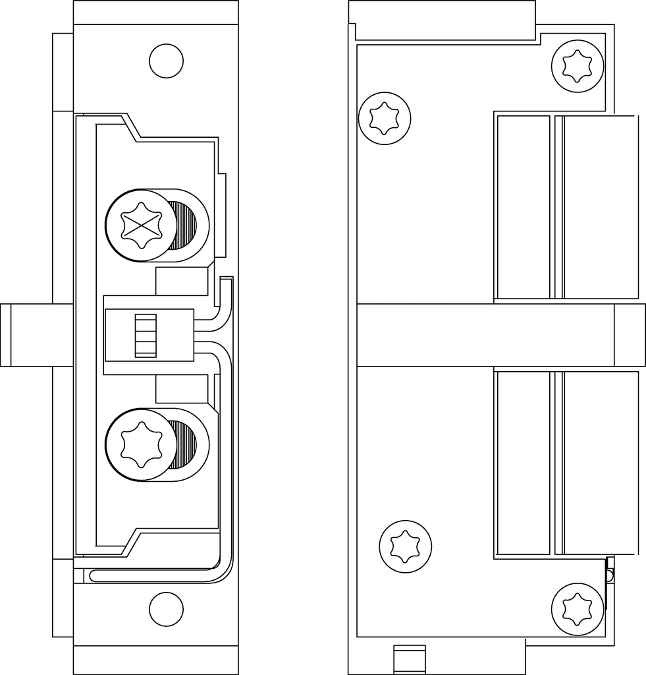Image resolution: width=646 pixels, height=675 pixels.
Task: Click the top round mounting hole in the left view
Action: click(166, 61)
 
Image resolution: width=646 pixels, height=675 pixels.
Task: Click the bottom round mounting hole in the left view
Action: click(166, 609)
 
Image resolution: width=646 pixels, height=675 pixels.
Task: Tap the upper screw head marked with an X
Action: click(142, 225)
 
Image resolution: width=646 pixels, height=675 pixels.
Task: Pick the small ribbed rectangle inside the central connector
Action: click(146, 336)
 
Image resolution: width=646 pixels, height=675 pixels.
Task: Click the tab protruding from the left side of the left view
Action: click(26, 335)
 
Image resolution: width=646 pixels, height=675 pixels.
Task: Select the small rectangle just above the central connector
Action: click(181, 281)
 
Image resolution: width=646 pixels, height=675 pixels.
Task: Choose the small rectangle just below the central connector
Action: click(181, 389)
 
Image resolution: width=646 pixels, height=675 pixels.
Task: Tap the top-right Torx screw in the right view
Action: click(577, 65)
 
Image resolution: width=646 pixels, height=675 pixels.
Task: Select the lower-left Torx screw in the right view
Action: click(405, 546)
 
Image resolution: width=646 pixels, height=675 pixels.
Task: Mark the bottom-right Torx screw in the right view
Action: click(577, 608)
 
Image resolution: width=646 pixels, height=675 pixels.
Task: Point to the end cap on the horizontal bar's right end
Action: click(630, 335)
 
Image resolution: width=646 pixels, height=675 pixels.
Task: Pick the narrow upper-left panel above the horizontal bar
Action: click(524, 207)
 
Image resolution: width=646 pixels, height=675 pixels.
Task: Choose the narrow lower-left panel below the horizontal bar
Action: click(524, 463)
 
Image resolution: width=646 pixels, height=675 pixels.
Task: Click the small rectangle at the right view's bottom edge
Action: click(409, 659)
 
